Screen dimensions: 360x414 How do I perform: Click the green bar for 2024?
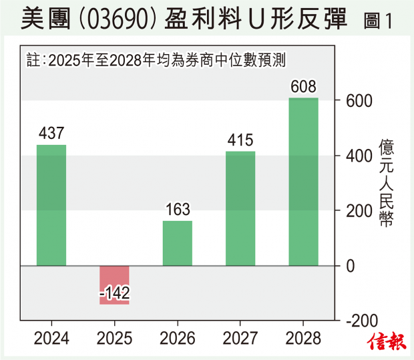pos(51,205)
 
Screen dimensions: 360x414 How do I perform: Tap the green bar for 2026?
pos(178,243)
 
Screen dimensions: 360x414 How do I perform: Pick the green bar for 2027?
pos(240,208)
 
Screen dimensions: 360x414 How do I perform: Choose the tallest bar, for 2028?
pos(303,182)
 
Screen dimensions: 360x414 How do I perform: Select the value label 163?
pos(178,210)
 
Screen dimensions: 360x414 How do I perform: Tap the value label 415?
pos(240,141)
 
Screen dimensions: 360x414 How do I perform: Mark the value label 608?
pos(303,87)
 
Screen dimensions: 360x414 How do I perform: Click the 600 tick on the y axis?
pos(357,101)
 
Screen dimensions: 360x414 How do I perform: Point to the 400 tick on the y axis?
pos(357,156)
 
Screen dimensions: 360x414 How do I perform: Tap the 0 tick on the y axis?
pos(349,266)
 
